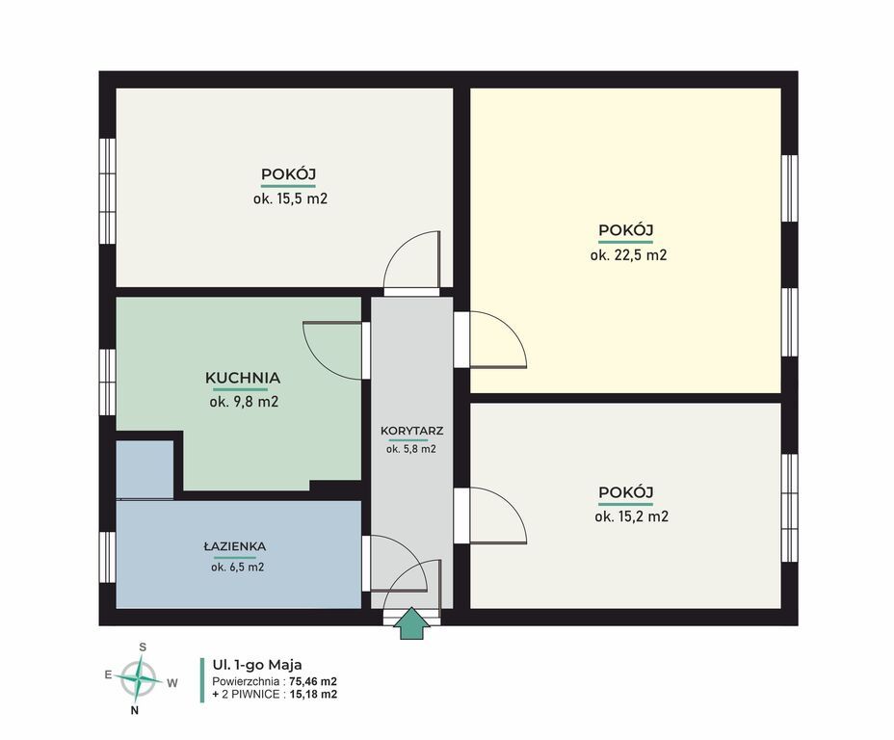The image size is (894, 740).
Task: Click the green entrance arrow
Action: [411, 623]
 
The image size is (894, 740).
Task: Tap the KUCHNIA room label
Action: [243, 378]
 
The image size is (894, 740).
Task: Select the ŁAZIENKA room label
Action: [234, 546]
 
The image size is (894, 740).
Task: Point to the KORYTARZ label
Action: [411, 431]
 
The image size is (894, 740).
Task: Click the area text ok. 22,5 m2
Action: [628, 254]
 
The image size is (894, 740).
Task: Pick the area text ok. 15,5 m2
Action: [290, 198]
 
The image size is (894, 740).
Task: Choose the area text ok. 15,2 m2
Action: [631, 516]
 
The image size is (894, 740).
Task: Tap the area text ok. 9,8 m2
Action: [244, 402]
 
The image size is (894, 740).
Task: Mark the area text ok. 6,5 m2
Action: [237, 568]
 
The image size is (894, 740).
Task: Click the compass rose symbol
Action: [137, 678]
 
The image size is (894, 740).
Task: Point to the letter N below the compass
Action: [135, 710]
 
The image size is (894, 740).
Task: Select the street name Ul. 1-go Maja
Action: [257, 665]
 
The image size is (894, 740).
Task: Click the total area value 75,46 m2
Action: [313, 681]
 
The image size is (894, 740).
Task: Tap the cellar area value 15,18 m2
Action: [313, 695]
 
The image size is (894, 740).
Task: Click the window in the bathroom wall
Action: [108, 557]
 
